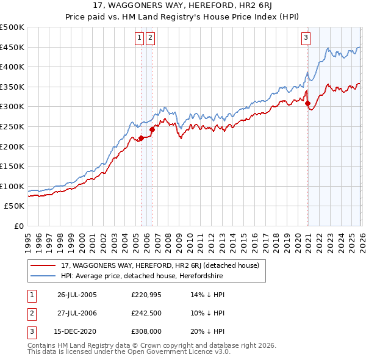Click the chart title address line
pyautogui.click(x=183, y=5)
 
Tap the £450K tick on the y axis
pyautogui.click(x=12, y=47)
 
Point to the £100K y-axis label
pyautogui.click(x=12, y=186)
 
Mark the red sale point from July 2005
pyautogui.click(x=141, y=138)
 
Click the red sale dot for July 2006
pyautogui.click(x=152, y=129)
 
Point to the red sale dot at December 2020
pyautogui.click(x=307, y=103)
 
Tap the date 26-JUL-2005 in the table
pyautogui.click(x=77, y=295)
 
